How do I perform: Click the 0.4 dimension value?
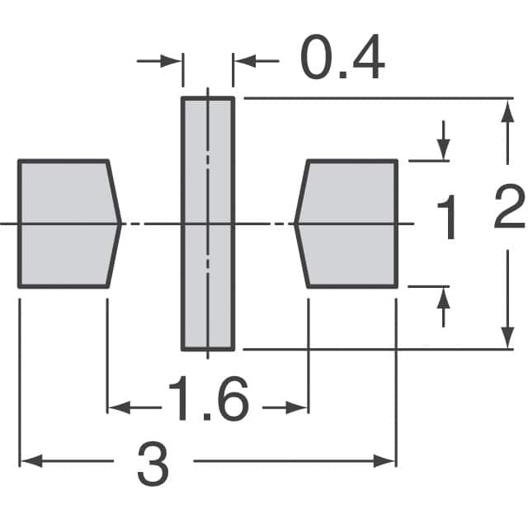[342, 57]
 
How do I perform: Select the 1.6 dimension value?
[209, 398]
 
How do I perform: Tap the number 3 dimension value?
[153, 464]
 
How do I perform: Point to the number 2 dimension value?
[509, 206]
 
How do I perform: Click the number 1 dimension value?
[446, 217]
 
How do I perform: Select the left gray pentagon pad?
[69, 224]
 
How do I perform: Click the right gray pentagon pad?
[346, 224]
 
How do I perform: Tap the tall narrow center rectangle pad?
[208, 224]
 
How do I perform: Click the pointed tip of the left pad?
[121, 224]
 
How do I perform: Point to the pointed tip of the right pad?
[295, 224]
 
